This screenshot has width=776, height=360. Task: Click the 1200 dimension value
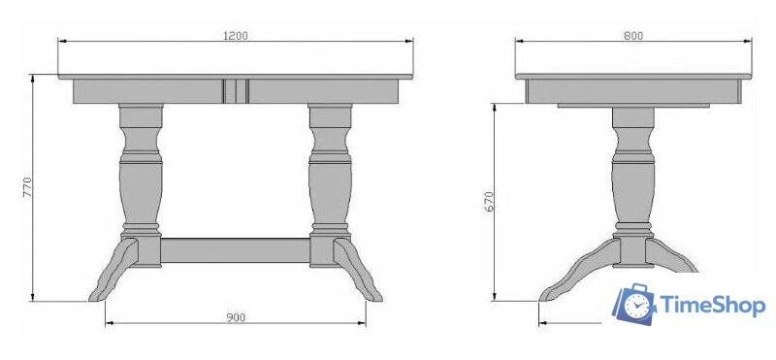(x=236, y=36)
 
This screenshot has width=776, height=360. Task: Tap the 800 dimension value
(x=633, y=36)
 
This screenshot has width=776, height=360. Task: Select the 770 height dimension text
(x=27, y=187)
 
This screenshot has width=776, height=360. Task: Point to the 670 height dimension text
(x=489, y=201)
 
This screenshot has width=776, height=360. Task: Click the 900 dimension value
(x=236, y=317)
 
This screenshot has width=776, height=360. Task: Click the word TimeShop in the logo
(x=713, y=305)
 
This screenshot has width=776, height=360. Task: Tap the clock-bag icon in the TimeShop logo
(x=634, y=304)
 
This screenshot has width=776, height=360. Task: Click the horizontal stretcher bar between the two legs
(x=236, y=250)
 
